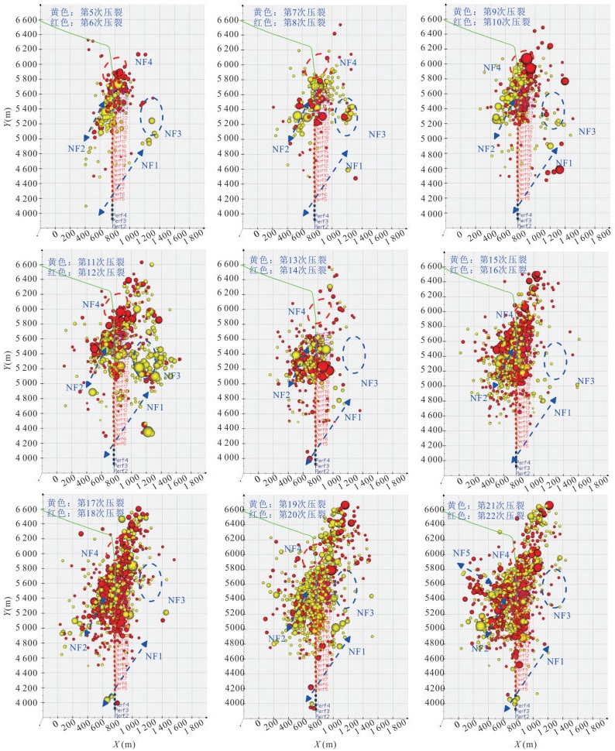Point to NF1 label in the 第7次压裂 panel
coord(354,166)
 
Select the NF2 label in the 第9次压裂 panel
coord(486,149)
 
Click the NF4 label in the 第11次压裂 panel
coord(91,305)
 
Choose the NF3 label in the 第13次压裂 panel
coord(369,383)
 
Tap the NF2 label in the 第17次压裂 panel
coord(78,647)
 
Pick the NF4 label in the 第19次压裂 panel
coord(293,549)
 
